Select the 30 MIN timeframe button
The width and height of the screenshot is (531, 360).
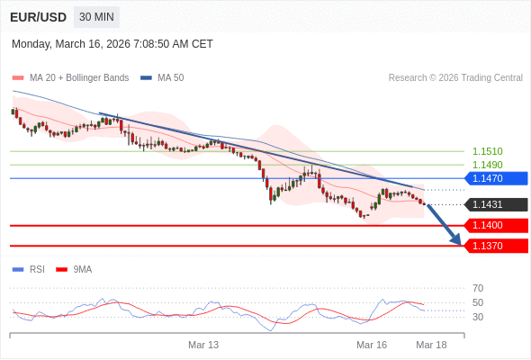(96, 17)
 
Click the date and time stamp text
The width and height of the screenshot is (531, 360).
(112, 44)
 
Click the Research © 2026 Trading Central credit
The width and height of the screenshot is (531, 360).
(455, 78)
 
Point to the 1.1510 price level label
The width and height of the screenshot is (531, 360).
(487, 151)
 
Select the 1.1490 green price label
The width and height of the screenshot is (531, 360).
(487, 165)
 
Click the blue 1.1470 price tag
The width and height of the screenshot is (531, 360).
(496, 178)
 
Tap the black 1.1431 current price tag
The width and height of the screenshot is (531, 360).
(496, 204)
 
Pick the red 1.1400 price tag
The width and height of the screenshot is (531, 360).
(496, 225)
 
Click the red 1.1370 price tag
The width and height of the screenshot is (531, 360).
(496, 246)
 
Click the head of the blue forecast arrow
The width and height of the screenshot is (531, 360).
(456, 240)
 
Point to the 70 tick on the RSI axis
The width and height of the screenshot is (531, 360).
(478, 288)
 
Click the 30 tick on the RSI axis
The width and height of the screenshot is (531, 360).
(478, 317)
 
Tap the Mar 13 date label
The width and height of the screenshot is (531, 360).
(203, 345)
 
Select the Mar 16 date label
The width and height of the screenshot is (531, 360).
(372, 345)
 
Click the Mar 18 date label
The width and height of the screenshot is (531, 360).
(431, 345)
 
